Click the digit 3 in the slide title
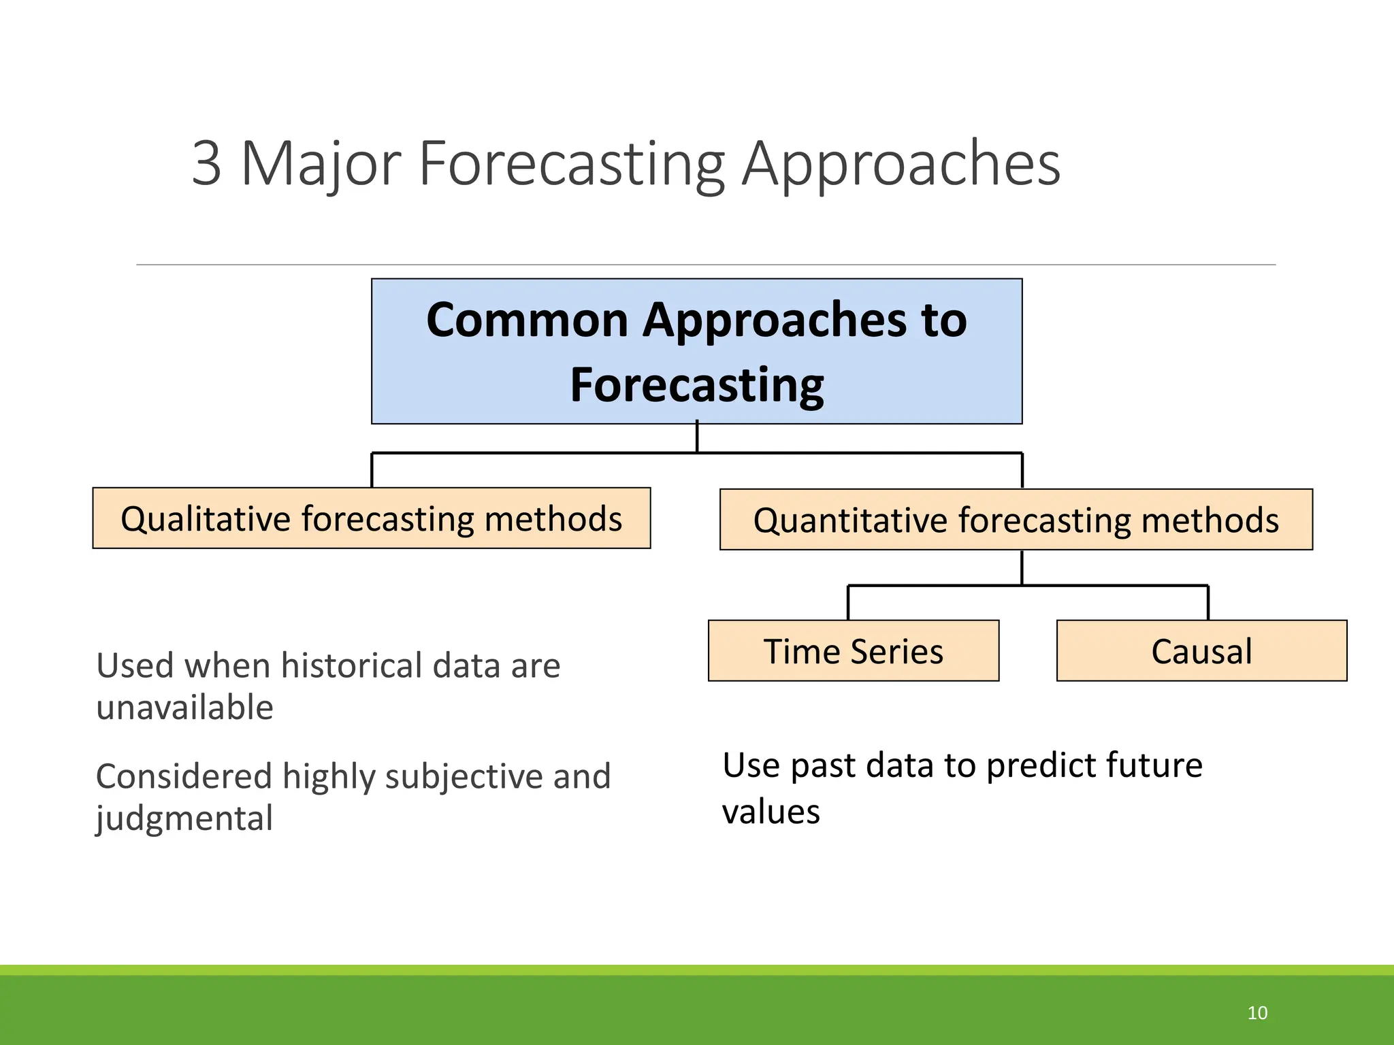(x=206, y=163)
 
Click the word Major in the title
(x=320, y=163)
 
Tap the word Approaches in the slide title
(x=901, y=163)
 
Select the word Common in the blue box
(x=527, y=320)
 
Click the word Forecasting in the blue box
(x=696, y=385)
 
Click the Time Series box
(x=853, y=651)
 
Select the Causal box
(x=1201, y=651)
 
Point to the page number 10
(x=1257, y=1013)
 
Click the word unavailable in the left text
(x=184, y=708)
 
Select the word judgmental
(x=184, y=818)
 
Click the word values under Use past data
(x=771, y=812)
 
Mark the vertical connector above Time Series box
(x=848, y=603)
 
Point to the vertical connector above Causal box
(x=1208, y=603)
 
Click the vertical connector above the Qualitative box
(x=372, y=470)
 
